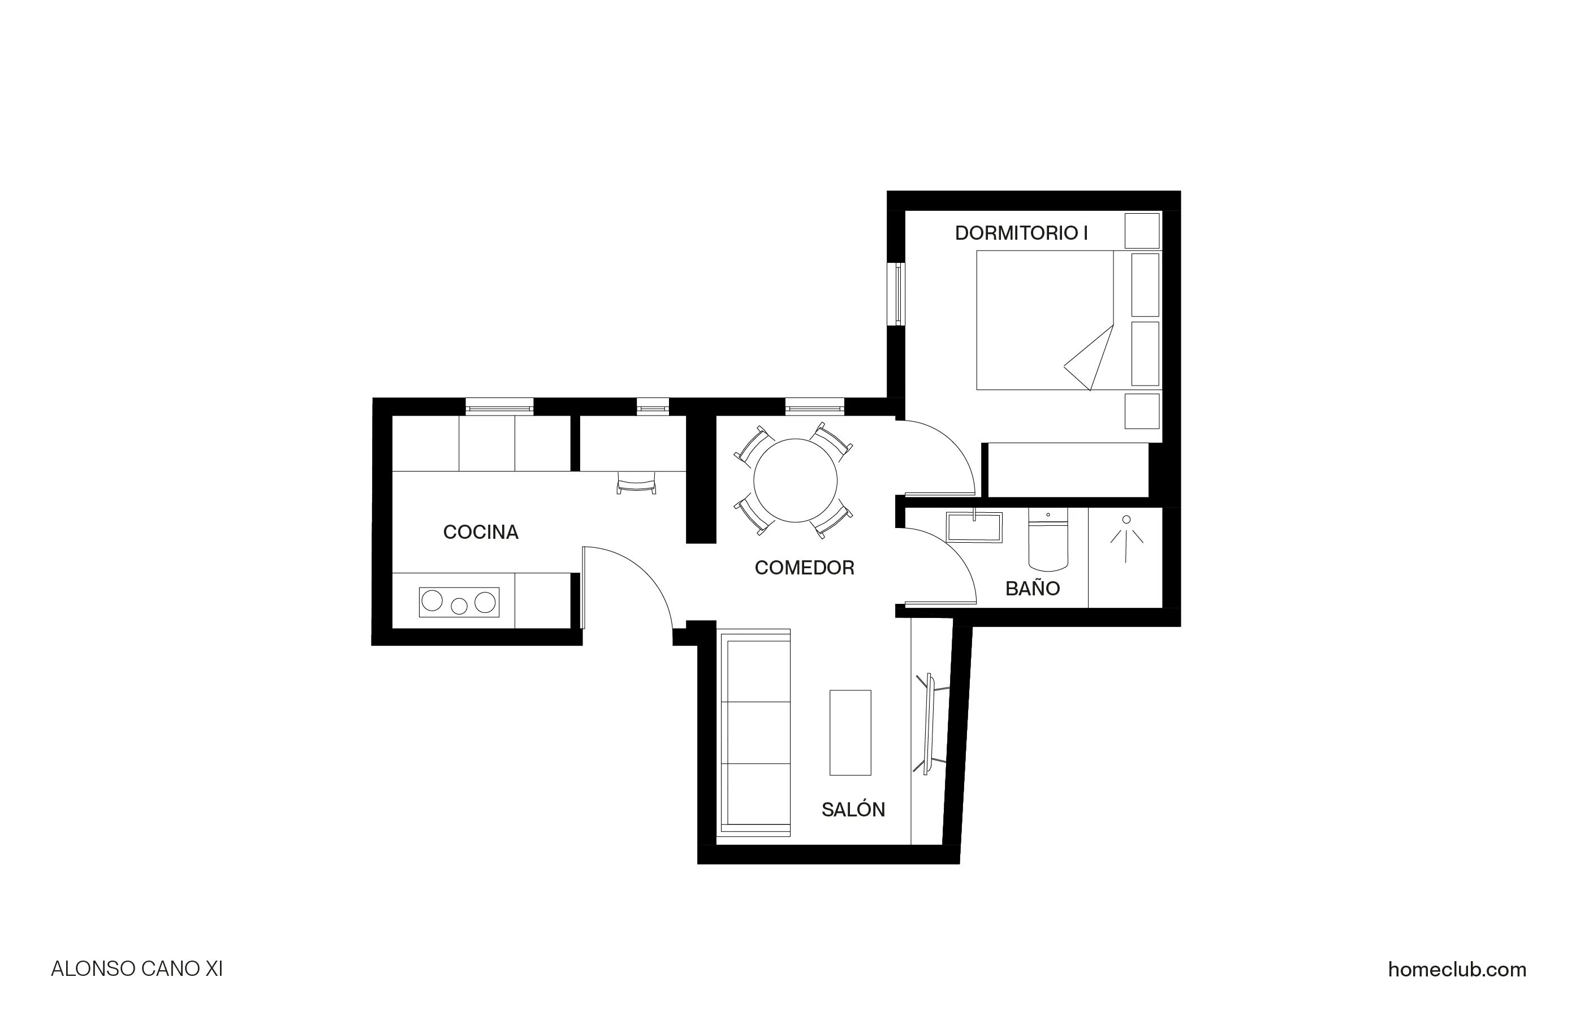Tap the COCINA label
pos(481,532)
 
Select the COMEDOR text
pos(804,568)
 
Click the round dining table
pos(795,480)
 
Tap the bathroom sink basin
pos(974,527)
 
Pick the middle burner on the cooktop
pos(459,606)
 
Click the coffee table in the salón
pos(850,732)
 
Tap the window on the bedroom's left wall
pos(897,294)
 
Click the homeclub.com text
pos(1457,969)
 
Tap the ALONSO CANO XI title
pos(137,969)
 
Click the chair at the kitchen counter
pos(636,485)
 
